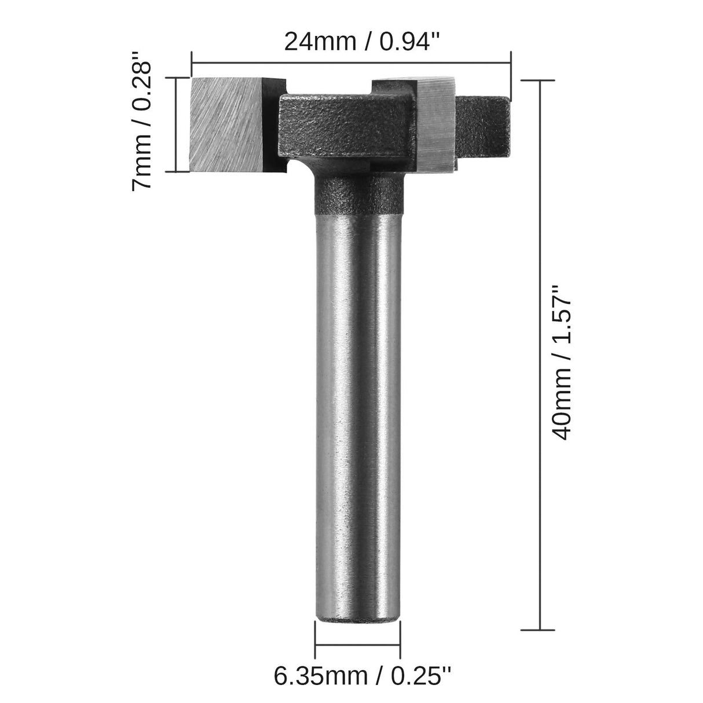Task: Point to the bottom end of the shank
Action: point(358,599)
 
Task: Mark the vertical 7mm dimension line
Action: point(176,124)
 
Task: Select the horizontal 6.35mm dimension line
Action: point(358,650)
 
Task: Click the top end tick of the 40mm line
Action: point(540,81)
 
